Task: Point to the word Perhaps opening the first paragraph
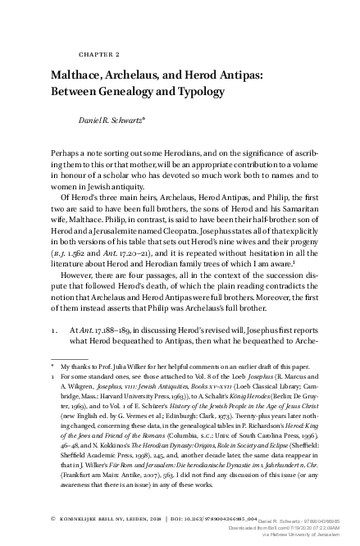click(66, 154)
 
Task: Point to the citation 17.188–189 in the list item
click(125, 348)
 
